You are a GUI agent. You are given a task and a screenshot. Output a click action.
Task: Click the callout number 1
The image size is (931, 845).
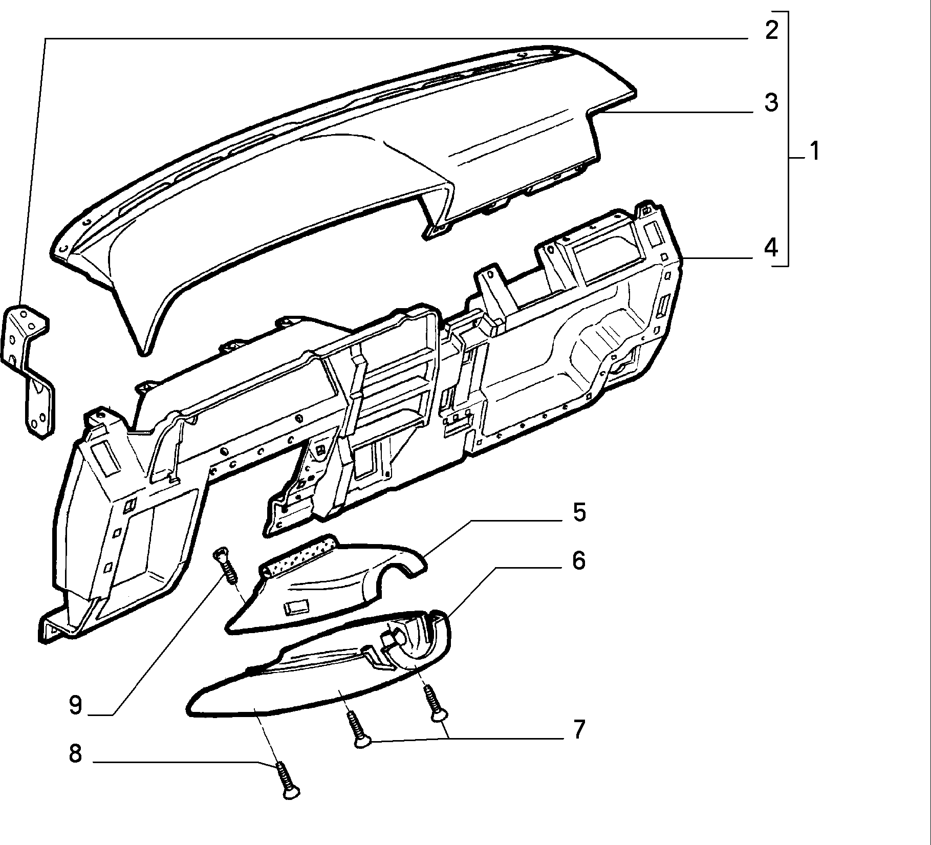pyautogui.click(x=814, y=152)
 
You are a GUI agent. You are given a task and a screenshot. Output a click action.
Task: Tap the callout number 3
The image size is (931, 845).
pyautogui.click(x=771, y=102)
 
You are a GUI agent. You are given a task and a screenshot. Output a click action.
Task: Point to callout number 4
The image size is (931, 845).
pyautogui.click(x=771, y=248)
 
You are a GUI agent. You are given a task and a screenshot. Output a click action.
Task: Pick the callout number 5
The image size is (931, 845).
pyautogui.click(x=579, y=512)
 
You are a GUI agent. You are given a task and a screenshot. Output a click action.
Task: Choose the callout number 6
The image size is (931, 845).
pyautogui.click(x=579, y=560)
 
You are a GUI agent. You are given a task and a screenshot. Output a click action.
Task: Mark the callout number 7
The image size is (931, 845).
pyautogui.click(x=579, y=729)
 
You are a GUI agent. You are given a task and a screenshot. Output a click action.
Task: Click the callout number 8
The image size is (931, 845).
pyautogui.click(x=75, y=753)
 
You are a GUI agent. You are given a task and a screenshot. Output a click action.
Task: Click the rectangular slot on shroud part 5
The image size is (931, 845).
pyautogui.click(x=296, y=608)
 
